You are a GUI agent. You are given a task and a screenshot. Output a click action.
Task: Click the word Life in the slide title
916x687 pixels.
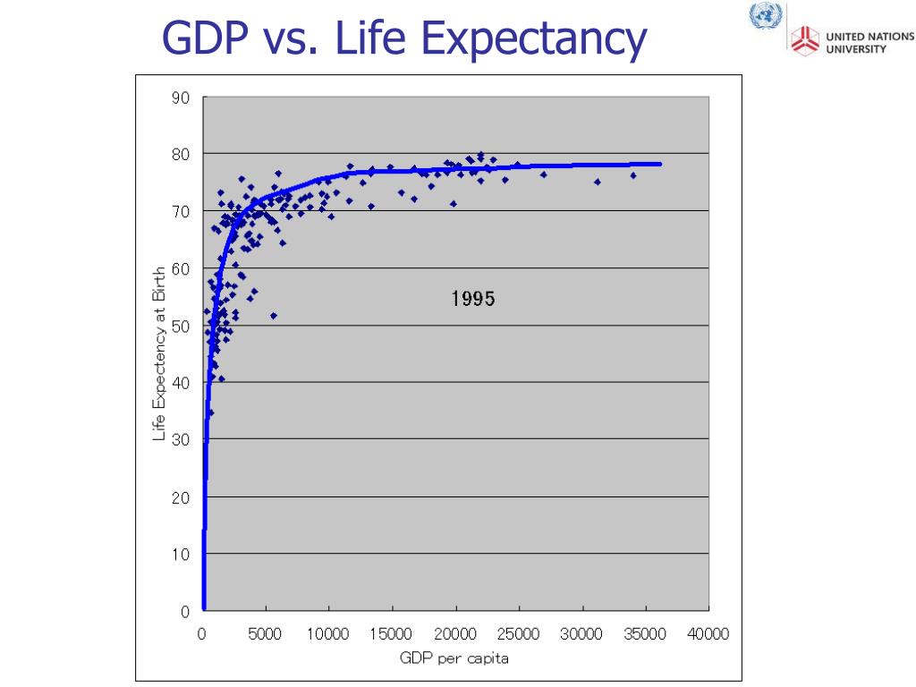coord(370,38)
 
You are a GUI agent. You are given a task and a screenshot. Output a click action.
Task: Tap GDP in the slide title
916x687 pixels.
coord(205,38)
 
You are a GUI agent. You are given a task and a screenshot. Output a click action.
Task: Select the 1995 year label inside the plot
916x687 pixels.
coord(473,299)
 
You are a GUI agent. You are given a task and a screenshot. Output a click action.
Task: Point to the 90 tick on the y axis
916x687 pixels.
coord(181,98)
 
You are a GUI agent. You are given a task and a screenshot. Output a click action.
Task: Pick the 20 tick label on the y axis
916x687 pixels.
coord(181,497)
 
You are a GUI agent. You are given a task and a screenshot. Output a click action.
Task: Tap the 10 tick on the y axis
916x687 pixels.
coord(181,554)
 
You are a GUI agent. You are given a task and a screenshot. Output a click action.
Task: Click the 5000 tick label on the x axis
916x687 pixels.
coord(265,634)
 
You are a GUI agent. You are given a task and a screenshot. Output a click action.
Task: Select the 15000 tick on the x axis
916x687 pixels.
coord(391,634)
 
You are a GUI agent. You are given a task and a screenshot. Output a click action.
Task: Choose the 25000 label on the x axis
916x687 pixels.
coord(518,634)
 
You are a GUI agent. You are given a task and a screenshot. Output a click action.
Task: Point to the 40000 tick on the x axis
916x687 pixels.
coord(708,634)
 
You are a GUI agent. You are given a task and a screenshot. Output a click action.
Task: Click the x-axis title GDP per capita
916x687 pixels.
coord(454,659)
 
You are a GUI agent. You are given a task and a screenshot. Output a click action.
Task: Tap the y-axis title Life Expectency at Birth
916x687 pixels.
coord(159,354)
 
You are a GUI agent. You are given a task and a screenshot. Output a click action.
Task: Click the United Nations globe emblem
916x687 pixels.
coord(766,15)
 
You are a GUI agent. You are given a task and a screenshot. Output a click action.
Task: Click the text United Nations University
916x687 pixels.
coord(869,43)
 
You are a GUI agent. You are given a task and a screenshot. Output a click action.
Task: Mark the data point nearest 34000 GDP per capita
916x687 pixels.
coord(632,175)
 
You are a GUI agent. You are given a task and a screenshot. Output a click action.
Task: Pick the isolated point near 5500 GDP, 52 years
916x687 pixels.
coord(274,316)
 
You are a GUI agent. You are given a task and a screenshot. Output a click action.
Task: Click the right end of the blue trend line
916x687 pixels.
coord(661,165)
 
